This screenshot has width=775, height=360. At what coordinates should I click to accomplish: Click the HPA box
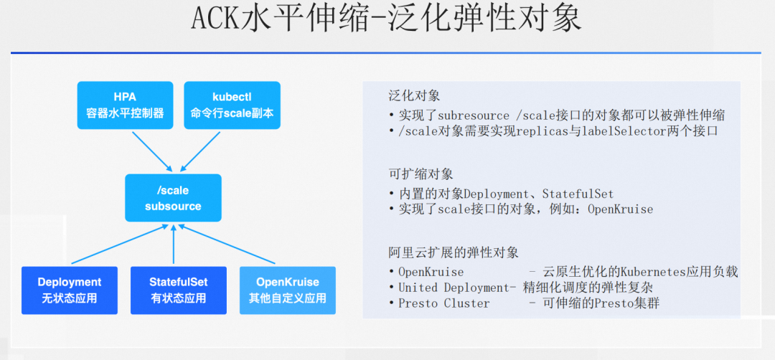[125, 105]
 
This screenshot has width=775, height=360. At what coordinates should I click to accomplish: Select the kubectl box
[232, 105]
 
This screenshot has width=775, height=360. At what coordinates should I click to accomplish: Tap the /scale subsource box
[173, 198]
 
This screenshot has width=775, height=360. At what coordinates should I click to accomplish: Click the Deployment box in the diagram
[69, 290]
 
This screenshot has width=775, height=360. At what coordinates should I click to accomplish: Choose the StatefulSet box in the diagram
[178, 290]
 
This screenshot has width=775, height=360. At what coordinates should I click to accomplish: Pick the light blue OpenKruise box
[287, 290]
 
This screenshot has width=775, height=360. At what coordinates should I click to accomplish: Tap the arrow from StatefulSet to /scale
[174, 244]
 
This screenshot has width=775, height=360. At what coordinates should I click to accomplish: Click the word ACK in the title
[213, 19]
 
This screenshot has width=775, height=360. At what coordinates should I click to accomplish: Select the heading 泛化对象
[414, 95]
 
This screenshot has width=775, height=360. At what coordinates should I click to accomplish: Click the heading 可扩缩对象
[421, 174]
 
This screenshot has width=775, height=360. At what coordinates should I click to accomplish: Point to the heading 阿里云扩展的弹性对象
[453, 252]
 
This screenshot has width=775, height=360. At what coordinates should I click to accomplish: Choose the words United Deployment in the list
[454, 288]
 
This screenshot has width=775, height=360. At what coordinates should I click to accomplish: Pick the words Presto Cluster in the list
[443, 303]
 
